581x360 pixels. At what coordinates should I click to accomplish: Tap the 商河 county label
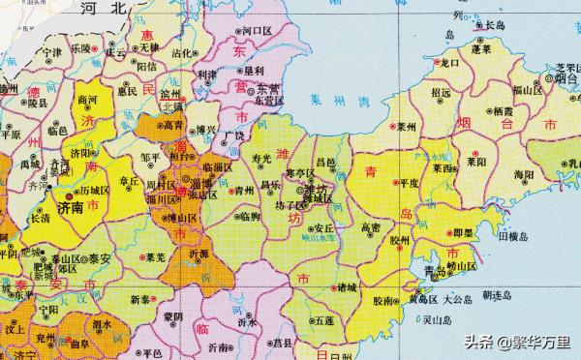coord(88,100)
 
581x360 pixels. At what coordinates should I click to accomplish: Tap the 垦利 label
coord(254,71)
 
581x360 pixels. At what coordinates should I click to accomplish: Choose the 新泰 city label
coord(141,299)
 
